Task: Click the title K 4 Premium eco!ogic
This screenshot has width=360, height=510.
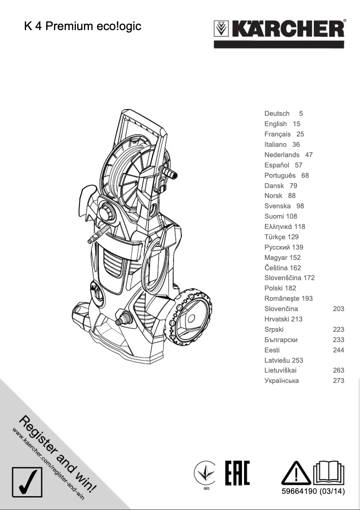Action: (83, 26)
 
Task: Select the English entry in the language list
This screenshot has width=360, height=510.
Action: (276, 124)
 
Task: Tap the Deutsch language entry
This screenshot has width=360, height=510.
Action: (277, 114)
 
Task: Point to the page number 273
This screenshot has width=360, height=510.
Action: (338, 381)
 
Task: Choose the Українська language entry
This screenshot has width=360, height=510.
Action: (281, 381)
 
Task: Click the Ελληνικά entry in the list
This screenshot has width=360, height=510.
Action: (278, 227)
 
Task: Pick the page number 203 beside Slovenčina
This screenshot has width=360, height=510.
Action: (338, 309)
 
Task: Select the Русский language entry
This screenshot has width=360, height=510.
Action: (277, 247)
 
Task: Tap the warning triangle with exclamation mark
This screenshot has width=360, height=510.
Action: (294, 473)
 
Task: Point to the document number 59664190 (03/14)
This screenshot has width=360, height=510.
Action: (313, 492)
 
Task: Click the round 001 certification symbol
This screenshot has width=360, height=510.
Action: (206, 475)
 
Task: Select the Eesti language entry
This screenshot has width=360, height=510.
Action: (272, 350)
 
